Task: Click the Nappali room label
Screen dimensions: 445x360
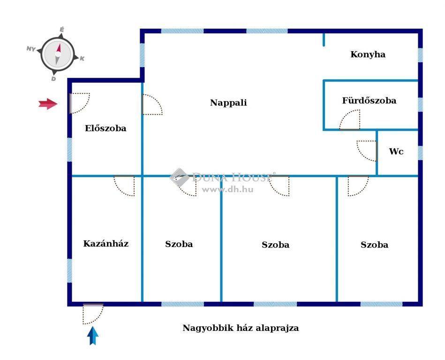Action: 228,102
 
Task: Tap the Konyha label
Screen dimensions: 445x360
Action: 368,54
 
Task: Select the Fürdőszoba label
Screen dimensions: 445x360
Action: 369,100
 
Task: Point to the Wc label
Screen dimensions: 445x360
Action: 396,151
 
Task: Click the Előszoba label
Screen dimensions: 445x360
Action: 106,128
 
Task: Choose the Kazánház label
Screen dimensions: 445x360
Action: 106,243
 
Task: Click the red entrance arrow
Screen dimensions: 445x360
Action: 48,104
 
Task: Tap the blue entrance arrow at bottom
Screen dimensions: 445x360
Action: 93,336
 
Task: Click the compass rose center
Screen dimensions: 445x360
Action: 58,54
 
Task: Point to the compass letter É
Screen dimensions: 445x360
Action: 61,29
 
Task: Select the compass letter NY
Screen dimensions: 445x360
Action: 31,49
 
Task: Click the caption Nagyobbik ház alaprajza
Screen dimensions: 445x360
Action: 241,328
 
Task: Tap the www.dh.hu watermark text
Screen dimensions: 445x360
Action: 227,189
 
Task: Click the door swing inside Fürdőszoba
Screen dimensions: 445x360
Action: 350,120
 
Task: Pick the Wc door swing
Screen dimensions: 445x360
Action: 367,150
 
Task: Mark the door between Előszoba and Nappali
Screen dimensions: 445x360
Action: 152,105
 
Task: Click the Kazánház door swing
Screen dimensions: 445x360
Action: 124,186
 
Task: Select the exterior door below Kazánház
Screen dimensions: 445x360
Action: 93,314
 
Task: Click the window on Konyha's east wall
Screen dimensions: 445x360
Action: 420,55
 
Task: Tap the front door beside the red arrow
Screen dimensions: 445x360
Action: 80,103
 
